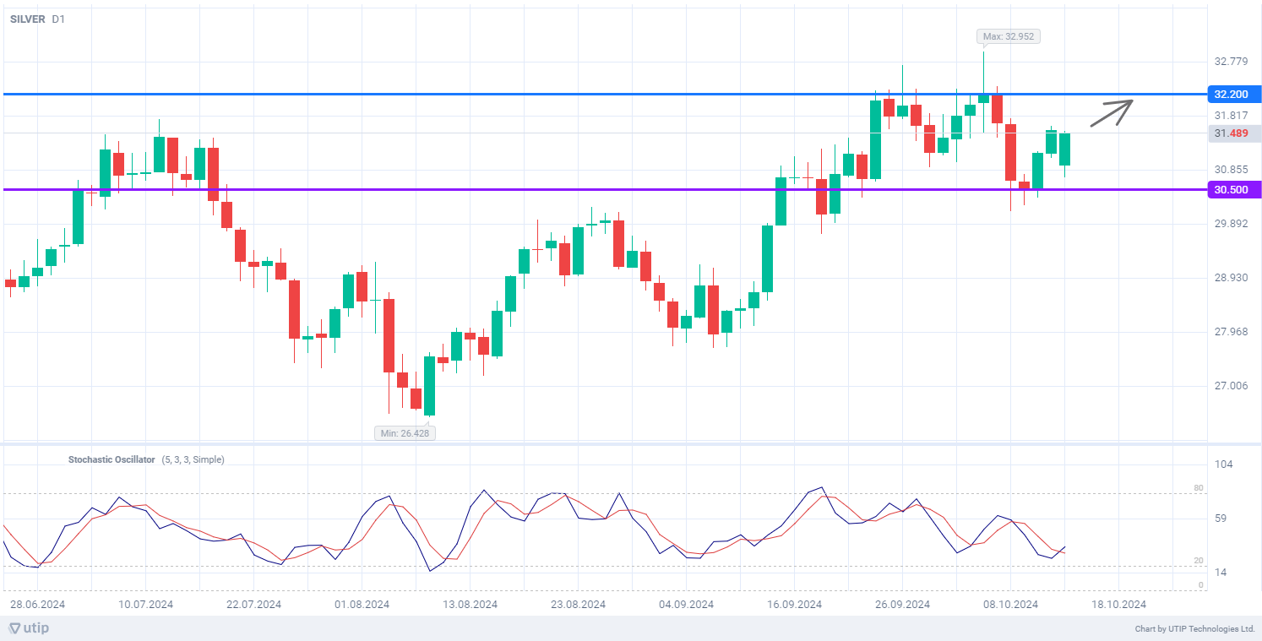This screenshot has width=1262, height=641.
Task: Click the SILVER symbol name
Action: [27, 19]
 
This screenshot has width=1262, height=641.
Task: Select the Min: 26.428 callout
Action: [405, 433]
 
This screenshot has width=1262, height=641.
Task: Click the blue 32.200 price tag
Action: [1232, 94]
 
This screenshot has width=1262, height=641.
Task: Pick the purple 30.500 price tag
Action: [1232, 190]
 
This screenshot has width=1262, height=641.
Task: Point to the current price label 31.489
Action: [1232, 133]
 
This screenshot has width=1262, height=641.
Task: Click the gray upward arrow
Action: [1111, 113]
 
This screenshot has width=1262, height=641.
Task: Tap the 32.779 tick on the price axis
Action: [1231, 62]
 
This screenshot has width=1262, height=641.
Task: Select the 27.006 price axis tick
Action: [1231, 386]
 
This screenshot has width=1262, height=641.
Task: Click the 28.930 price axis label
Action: [1231, 278]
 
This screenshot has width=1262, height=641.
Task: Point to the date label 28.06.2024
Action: [38, 605]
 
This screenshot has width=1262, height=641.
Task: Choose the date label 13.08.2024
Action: [471, 605]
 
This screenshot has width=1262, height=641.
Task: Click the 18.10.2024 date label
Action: [1119, 605]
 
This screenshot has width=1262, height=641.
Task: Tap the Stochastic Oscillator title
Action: [112, 460]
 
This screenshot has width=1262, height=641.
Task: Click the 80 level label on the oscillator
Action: [1198, 488]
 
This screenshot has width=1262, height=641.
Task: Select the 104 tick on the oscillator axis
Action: [1224, 464]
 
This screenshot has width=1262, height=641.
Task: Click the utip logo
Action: [30, 628]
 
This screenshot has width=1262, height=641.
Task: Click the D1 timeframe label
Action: [58, 19]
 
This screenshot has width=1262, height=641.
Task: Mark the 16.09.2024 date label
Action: [795, 605]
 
